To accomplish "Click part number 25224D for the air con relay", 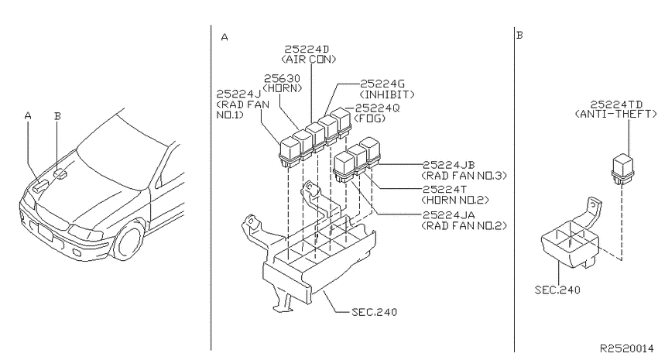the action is coord(307,50).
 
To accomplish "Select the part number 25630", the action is coord(282,78).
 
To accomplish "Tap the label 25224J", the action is coord(238,94).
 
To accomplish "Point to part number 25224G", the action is coord(382,84).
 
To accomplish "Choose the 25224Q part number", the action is coord(378,108).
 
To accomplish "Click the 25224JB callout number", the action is coord(448,165).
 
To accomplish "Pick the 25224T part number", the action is coord(444,189).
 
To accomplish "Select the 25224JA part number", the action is coord(448,214).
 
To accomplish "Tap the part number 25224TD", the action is coord(616,104).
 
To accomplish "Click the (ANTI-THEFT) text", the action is coord(615,114).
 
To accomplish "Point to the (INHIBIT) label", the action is coord(387,94).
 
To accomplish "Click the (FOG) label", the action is coord(370,118).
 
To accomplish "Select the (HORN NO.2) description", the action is coord(455,200).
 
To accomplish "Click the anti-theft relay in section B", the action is coord(623,169).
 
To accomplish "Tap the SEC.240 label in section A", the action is coord(375,312).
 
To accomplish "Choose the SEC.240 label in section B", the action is coord(557,290).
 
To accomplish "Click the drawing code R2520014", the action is coord(627,348).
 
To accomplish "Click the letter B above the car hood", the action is coord(57,116).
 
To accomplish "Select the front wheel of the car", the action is coord(129,242).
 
